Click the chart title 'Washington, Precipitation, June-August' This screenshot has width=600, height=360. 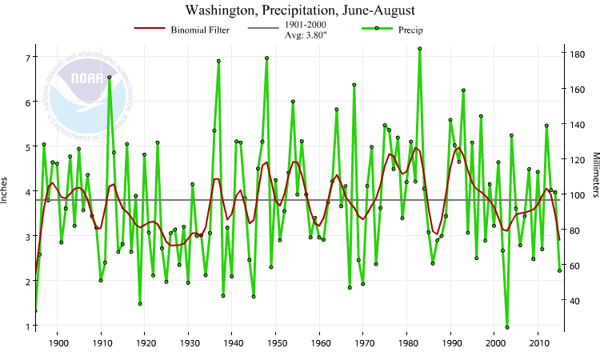(300, 10)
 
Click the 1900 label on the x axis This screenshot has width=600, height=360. (58, 344)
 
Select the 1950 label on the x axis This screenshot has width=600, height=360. (276, 344)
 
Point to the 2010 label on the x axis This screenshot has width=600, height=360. (538, 344)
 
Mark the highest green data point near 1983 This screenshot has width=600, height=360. (420, 49)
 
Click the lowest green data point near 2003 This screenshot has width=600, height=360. (507, 327)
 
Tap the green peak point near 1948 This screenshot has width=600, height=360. (266, 58)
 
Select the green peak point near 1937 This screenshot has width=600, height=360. (218, 62)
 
